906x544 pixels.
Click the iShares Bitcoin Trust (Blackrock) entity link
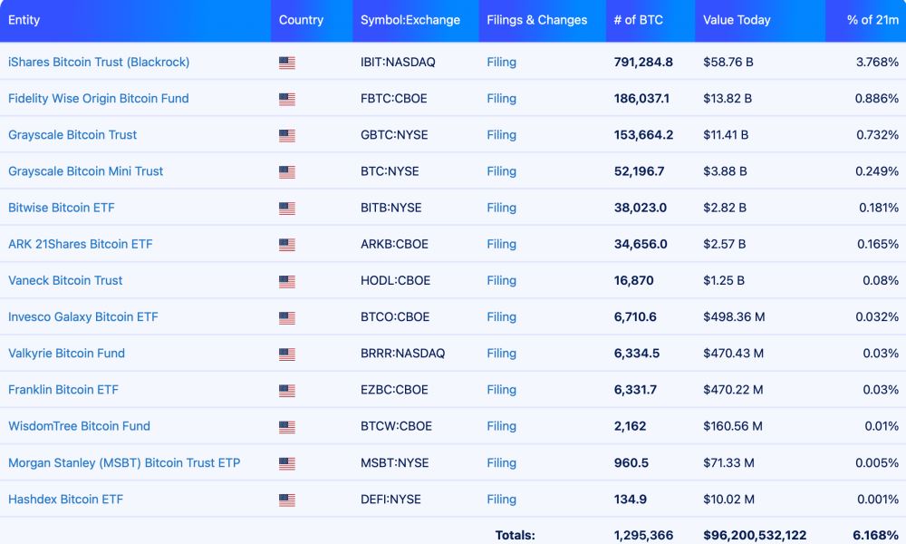(99, 62)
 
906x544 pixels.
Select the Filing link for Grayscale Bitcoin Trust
(501, 134)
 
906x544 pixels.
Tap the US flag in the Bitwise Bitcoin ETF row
(287, 208)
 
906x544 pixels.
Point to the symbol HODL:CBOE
(395, 280)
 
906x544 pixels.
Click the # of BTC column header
(639, 20)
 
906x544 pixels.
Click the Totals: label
(515, 535)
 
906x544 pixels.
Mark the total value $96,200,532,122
(755, 535)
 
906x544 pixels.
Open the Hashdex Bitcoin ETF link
(65, 499)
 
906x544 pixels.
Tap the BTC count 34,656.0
(641, 244)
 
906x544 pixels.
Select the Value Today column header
(737, 20)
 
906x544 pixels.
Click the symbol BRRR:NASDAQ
(402, 353)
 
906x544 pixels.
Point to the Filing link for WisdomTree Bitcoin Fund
(501, 425)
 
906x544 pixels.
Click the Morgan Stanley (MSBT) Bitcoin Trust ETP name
(124, 462)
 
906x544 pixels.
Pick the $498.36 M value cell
(734, 316)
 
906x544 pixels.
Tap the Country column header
(301, 20)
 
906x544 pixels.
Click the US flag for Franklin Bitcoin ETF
(287, 390)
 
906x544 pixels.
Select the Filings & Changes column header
(536, 20)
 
